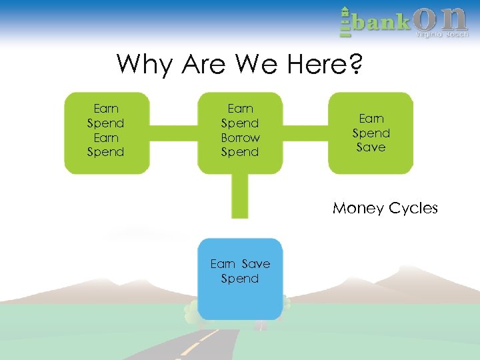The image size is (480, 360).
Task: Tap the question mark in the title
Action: pos(355,65)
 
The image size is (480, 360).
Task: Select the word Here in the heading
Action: pos(315,65)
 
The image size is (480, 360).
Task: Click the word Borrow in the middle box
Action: pos(240,138)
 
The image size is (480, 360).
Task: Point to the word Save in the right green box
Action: pos(371,147)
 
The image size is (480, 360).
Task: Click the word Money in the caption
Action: pos(359,209)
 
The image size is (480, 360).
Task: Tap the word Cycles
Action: pos(413,209)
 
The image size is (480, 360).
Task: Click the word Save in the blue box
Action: pos(256,264)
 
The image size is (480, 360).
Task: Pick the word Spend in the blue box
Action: pos(240,279)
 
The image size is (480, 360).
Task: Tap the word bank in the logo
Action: pos(382,23)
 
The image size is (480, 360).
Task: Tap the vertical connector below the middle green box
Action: pos(240,195)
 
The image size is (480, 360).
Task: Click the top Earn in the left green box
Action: pos(106,109)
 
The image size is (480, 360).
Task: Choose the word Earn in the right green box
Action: pos(371,119)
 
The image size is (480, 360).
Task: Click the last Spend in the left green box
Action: pos(106,153)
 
